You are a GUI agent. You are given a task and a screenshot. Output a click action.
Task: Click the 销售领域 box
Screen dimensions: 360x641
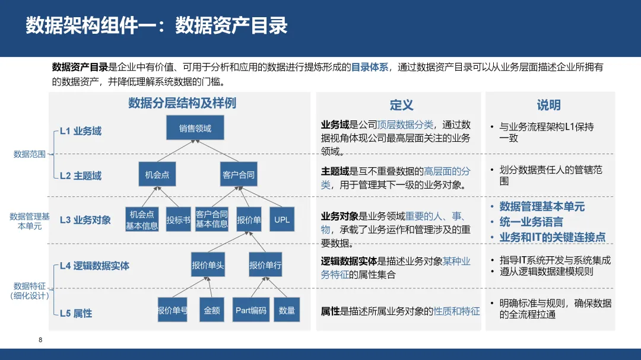[195, 128]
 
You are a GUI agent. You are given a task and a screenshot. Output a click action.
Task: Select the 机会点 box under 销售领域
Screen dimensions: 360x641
[157, 174]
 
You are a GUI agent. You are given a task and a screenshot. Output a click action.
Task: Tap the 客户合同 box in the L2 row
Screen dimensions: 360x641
[239, 174]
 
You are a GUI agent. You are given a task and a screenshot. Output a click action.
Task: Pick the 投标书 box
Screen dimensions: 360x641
[178, 219]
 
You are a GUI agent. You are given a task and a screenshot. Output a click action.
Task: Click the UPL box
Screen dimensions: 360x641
[282, 219]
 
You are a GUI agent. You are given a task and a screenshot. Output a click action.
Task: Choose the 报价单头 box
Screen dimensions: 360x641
[208, 265]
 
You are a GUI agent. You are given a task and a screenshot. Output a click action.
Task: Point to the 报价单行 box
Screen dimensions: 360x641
[265, 265]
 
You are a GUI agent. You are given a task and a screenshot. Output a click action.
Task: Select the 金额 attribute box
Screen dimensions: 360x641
[212, 310]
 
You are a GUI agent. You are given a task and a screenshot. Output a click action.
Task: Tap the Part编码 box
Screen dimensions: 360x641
[250, 310]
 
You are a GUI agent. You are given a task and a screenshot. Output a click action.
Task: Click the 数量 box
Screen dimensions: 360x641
[287, 310]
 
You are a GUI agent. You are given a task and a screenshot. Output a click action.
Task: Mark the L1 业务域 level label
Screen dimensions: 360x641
[81, 131]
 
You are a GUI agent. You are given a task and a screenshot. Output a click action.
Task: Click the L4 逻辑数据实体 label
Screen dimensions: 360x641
[94, 266]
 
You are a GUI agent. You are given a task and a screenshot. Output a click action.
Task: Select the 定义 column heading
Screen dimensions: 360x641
[401, 105]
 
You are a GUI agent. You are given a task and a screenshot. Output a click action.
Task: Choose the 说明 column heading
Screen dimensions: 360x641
[548, 105]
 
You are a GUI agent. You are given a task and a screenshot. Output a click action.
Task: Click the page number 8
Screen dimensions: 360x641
[40, 340]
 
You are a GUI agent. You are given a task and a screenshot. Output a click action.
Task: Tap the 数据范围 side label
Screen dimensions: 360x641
[30, 154]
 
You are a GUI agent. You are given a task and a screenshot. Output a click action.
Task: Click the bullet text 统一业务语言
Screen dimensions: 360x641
[531, 222]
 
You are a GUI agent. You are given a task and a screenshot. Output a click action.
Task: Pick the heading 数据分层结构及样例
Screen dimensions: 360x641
[182, 103]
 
